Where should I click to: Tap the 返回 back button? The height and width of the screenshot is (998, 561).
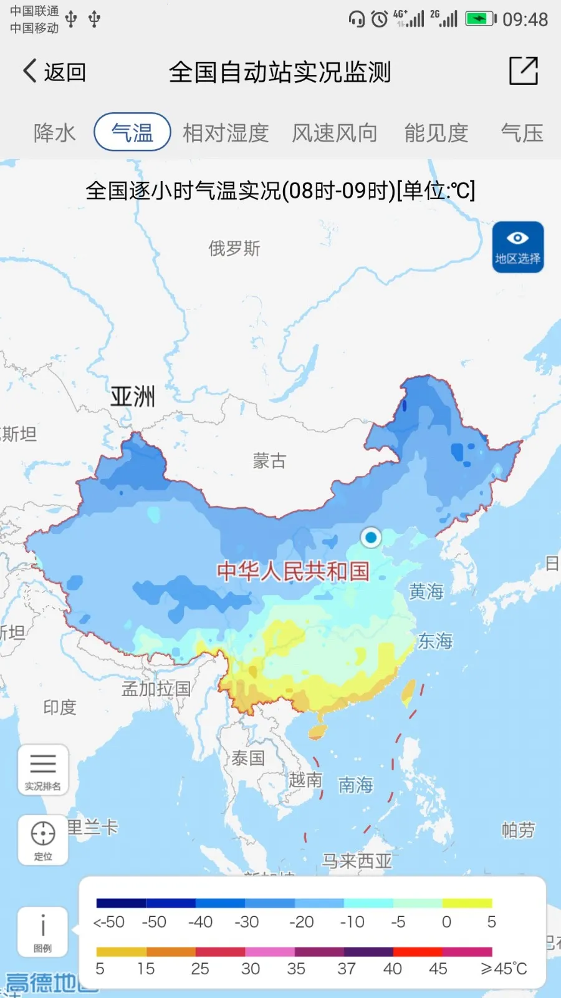pos(54,72)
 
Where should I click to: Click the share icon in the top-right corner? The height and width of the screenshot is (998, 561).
pos(523,70)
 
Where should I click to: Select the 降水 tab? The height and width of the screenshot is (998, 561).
pos(55,133)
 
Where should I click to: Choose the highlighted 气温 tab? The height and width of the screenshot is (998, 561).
pos(132,132)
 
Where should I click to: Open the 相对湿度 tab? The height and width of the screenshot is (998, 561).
pos(226,133)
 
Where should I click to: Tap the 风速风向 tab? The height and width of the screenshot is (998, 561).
pos(335,133)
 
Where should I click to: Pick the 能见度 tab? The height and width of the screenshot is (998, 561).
pos(436,133)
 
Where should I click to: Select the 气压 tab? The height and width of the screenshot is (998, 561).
pos(522,133)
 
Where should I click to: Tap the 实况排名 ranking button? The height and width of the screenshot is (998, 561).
pos(43,770)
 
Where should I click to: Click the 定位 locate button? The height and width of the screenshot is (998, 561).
pos(43,840)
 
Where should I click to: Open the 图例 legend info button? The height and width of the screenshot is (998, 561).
pos(43,931)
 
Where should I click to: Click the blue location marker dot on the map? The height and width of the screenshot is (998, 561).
pos(371,537)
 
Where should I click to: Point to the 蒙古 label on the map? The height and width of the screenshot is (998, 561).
pos(269,461)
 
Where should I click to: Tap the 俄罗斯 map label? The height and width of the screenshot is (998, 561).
pos(234,249)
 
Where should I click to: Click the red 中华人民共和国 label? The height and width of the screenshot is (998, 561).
pos(293,571)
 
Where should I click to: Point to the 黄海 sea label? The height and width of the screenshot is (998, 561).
pos(426,591)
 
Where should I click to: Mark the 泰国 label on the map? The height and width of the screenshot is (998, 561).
pos(248,758)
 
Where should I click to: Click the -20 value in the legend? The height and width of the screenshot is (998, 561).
pos(302,922)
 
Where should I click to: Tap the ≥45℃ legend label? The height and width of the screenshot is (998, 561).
pos(504,969)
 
